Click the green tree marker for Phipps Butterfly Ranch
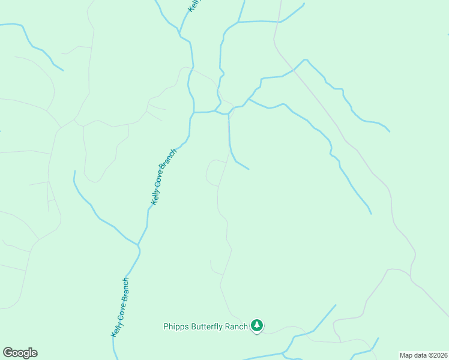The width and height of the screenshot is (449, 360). (257, 326)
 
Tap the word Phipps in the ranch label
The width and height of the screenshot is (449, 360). (175, 327)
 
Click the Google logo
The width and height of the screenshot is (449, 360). (20, 353)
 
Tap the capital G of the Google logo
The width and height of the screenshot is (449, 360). (8, 352)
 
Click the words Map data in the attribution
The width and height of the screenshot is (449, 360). (412, 355)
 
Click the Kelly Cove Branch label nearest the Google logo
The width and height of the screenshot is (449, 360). (120, 307)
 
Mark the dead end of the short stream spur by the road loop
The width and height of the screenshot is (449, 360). (248, 169)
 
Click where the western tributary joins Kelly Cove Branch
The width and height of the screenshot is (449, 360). (138, 245)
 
